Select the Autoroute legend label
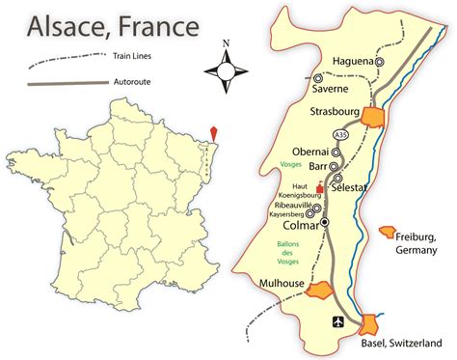click(x=136, y=85)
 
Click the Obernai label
click(x=309, y=152)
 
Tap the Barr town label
click(x=317, y=166)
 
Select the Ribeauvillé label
click(x=295, y=205)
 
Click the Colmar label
click(x=299, y=228)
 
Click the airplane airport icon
click(x=337, y=322)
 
